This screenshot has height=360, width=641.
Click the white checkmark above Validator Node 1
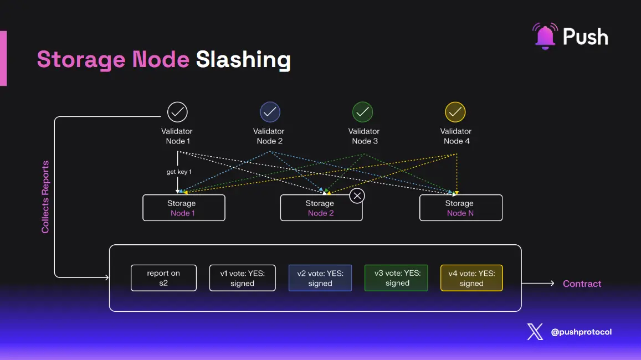[177, 112]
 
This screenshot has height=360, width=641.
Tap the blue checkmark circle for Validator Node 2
[270, 112]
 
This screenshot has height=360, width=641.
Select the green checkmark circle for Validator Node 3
[363, 112]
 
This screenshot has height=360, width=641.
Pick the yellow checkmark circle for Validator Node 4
[455, 112]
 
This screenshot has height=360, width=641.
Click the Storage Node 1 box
[184, 208]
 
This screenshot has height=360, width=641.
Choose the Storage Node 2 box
[321, 208]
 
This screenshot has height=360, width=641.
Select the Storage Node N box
[460, 208]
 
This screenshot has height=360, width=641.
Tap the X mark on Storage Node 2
[358, 196]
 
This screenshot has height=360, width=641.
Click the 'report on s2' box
[163, 277]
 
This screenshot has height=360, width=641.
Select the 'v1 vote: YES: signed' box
[242, 277]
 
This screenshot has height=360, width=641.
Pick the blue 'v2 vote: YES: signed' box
[320, 277]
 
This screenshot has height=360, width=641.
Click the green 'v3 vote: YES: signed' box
[396, 277]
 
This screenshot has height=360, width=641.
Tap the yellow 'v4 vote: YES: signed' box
[471, 277]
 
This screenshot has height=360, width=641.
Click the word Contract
[582, 284]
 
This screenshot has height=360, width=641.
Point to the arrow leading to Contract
[538, 284]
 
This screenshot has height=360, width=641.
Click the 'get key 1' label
[179, 172]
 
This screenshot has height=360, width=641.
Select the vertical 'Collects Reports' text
[45, 197]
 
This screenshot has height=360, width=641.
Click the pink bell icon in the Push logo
[544, 36]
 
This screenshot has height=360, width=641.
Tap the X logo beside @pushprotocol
[535, 332]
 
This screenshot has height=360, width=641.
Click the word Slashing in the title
[243, 59]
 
